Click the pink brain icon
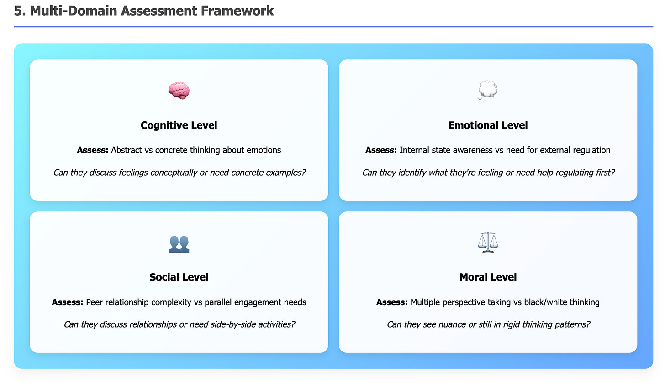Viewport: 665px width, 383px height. [x=179, y=91]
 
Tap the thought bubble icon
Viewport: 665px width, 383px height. [x=488, y=90]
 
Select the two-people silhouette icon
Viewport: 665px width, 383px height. [x=179, y=243]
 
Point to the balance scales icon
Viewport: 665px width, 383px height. [x=487, y=243]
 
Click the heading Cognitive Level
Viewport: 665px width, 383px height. [x=179, y=125]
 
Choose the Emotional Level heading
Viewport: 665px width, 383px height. [x=488, y=125]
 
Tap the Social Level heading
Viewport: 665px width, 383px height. [x=179, y=277]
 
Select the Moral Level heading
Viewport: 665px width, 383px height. [x=488, y=277]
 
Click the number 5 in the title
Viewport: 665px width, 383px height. [x=18, y=11]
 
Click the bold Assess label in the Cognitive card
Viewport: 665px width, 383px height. [x=93, y=150]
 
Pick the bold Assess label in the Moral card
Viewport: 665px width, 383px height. [x=392, y=302]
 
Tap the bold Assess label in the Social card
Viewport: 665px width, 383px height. [x=68, y=302]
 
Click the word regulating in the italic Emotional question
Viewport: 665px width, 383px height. [x=571, y=173]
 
